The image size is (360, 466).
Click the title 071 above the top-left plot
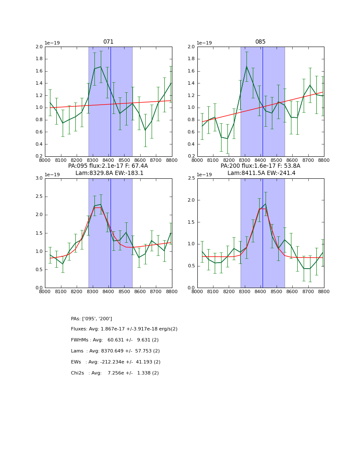[x=108, y=42]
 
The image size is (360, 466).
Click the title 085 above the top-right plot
[x=260, y=42]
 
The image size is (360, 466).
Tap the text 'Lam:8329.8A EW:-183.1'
[x=109, y=173]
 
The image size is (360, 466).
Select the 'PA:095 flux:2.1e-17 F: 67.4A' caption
[x=108, y=166]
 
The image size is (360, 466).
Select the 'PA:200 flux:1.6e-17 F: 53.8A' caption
[x=260, y=166]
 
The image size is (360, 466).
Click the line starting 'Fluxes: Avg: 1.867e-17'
[x=124, y=329]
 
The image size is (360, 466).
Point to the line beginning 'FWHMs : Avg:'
[x=115, y=340]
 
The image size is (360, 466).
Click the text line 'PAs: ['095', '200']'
[x=91, y=319]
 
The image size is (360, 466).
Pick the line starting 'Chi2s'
[x=115, y=373]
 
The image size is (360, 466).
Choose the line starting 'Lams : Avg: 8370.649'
[x=115, y=351]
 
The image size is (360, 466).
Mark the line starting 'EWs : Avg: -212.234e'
[x=116, y=362]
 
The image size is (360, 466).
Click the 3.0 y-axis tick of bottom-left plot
[x=39, y=178]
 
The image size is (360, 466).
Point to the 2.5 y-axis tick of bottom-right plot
[x=191, y=178]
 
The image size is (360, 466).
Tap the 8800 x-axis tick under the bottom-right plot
[x=324, y=292]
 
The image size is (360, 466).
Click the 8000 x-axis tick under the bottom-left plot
[x=45, y=292]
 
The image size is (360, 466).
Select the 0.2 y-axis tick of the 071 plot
[x=39, y=156]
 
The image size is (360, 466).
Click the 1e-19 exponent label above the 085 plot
[x=205, y=43]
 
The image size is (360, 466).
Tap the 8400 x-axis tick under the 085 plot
[x=260, y=161]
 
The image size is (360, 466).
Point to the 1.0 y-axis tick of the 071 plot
[x=39, y=108]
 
